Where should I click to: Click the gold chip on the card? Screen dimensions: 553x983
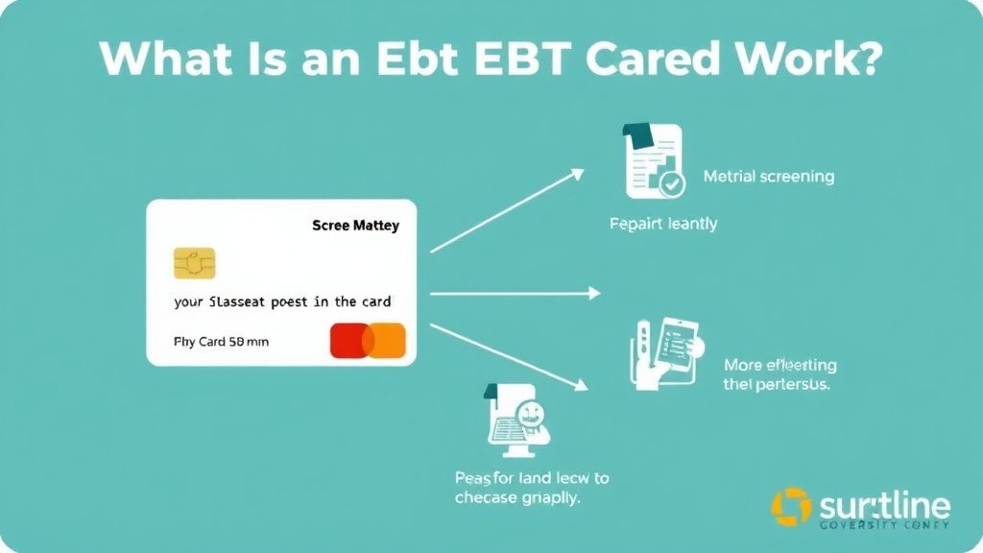194,263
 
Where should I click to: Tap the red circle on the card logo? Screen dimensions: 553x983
348,341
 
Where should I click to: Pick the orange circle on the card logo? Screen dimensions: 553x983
386,341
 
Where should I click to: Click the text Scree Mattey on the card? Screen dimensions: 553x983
355,227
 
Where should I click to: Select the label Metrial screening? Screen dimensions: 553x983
768,177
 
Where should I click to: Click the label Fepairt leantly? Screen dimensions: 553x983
663,224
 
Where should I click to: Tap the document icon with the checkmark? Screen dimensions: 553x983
653,161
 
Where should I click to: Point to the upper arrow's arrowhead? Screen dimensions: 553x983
576,174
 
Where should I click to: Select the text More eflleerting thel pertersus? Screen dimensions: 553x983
779,374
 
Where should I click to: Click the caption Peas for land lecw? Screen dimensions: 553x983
531,487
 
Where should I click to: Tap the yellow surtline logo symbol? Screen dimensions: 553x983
791,507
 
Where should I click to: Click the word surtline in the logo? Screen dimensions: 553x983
884,504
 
